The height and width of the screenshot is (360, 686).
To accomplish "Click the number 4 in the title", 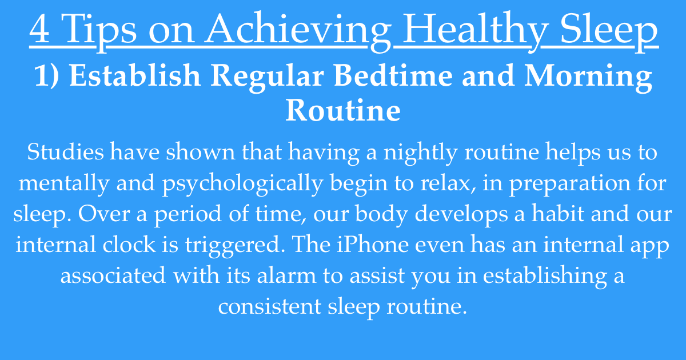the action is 39,29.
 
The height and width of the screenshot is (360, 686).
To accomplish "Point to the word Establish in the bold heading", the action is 135,75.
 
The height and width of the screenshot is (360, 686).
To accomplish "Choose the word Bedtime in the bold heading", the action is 393,75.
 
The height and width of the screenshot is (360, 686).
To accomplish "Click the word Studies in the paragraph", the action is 66,151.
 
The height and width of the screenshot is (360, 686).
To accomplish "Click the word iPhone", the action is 373,244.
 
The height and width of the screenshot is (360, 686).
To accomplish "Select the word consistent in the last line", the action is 270,306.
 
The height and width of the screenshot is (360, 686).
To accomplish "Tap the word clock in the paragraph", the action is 129,244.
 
